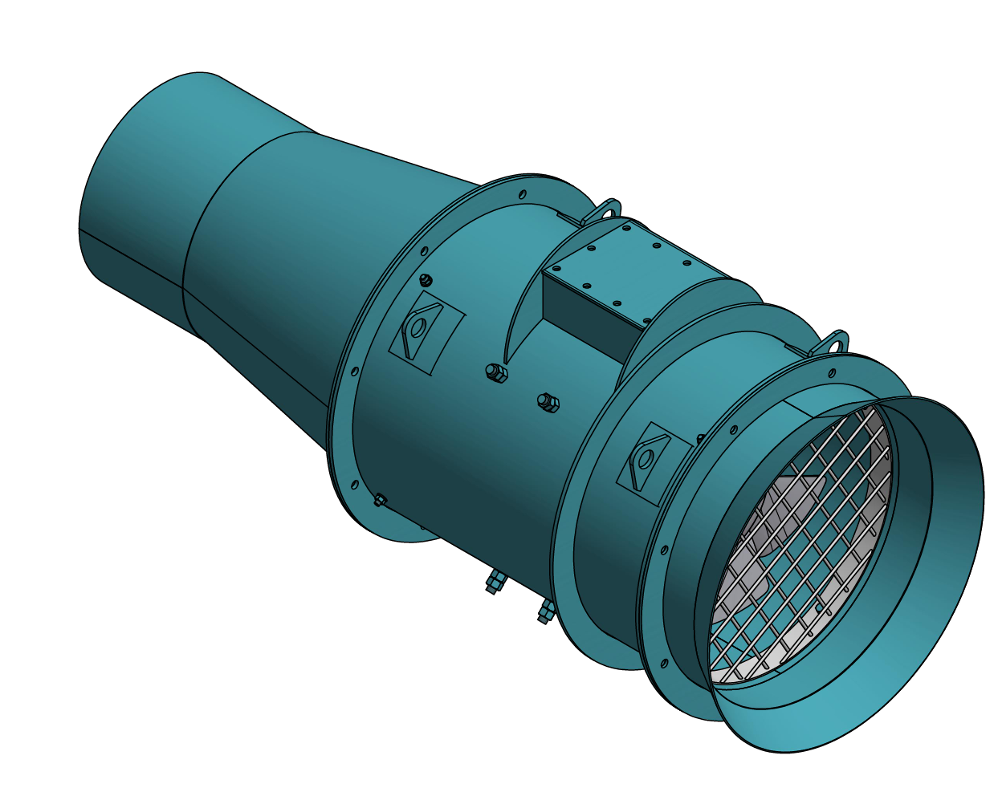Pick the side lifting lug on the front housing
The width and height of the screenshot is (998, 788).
click(646, 461)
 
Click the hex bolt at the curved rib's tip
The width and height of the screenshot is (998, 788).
click(495, 372)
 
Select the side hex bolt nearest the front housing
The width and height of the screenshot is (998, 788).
click(549, 402)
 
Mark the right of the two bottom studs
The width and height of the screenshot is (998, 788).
click(546, 612)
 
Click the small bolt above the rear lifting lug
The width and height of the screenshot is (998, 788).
click(426, 280)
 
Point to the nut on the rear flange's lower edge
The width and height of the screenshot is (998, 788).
click(380, 501)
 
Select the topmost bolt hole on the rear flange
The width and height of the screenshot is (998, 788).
click(523, 194)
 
